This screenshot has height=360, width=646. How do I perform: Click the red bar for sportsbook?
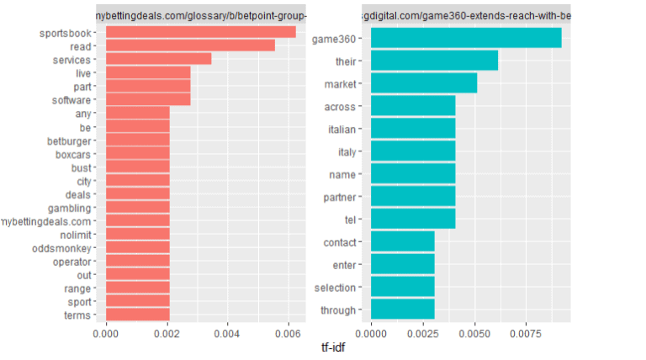tap(200, 32)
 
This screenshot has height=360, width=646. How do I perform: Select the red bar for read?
tap(190, 45)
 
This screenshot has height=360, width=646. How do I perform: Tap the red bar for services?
tap(158, 59)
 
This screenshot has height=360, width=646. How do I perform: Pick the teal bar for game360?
tap(466, 38)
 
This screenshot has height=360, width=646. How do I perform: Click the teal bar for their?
tap(434, 61)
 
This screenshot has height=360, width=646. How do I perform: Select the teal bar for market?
tap(424, 83)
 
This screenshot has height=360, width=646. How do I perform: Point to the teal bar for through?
tap(403, 310)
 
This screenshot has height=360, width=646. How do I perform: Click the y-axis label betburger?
tap(69, 140)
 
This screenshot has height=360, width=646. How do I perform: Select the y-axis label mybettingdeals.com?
tap(46, 221)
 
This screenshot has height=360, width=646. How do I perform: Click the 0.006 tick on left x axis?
tap(289, 334)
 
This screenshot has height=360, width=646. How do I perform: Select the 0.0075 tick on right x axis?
tap(527, 334)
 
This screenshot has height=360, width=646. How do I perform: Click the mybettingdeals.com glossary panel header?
tap(201, 15)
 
